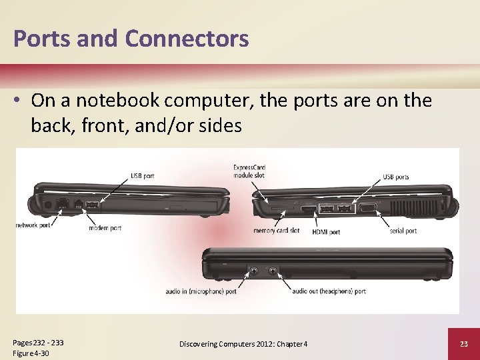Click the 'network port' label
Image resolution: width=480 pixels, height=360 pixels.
pos(33,225)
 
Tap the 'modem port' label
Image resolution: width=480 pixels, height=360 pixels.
pos(105,228)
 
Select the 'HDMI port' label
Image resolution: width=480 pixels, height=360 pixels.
pos(325,232)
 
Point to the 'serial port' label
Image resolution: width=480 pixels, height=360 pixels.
pos(403,231)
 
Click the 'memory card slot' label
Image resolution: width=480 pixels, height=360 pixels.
pos(276,231)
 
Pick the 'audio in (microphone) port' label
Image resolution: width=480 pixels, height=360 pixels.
pos(201,291)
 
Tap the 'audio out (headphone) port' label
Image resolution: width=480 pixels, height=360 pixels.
pos(329,291)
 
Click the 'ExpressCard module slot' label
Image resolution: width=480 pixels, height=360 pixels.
pos(249,171)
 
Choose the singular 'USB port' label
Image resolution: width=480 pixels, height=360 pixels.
pos(142,176)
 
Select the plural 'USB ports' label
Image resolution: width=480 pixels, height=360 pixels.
pos(396,177)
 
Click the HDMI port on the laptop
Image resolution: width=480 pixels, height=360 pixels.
pos(309,209)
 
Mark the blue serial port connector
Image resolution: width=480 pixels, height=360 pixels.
pos(367,208)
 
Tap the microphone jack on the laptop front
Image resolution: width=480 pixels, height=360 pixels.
pos(255,271)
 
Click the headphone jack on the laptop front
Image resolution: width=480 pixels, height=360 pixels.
pos(273,271)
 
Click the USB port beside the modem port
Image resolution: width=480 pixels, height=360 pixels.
pos(91,204)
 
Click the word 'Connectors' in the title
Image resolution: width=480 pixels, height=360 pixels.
pos(187,39)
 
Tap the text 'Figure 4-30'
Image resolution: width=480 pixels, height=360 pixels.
pos(31,353)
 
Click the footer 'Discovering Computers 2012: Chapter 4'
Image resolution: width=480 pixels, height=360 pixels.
pos(243,343)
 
